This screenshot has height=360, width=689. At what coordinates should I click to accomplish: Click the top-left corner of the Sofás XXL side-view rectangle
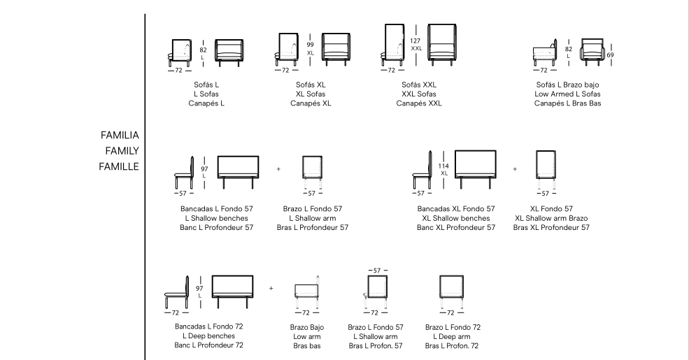click(385, 24)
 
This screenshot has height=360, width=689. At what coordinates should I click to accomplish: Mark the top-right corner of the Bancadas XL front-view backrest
click(496, 151)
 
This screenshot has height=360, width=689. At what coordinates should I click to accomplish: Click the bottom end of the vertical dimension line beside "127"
click(416, 66)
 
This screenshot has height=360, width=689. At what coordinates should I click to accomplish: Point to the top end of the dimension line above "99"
click(311, 34)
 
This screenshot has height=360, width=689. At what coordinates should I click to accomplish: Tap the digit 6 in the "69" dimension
click(609, 55)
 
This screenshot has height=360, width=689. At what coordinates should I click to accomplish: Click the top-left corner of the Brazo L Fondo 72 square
click(440, 276)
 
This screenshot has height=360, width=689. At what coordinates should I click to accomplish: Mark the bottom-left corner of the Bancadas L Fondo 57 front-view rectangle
click(218, 178)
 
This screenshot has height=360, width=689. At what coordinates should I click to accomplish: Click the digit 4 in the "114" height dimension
click(447, 166)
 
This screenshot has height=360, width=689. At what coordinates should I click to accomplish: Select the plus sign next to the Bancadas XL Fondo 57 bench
click(515, 169)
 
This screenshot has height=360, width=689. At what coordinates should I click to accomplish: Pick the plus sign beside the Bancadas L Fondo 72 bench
click(271, 289)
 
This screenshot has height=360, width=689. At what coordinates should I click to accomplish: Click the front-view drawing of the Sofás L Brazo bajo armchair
click(592, 52)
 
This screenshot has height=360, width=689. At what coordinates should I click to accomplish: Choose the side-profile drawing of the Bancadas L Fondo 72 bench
click(177, 292)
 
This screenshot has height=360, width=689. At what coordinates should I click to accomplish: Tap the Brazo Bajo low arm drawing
click(306, 292)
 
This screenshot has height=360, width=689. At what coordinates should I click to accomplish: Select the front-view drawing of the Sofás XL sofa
click(336, 49)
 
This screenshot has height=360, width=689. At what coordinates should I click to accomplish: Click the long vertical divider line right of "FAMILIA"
click(145, 187)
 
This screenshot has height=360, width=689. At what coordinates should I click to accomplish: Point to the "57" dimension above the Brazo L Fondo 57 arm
click(376, 271)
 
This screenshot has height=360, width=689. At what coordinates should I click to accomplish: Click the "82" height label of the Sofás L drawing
click(203, 50)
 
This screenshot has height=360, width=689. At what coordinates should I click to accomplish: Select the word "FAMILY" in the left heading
click(122, 151)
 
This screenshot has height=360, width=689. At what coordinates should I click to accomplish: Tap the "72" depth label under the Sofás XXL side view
click(391, 70)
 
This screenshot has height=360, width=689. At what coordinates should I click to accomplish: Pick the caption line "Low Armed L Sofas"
click(567, 94)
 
